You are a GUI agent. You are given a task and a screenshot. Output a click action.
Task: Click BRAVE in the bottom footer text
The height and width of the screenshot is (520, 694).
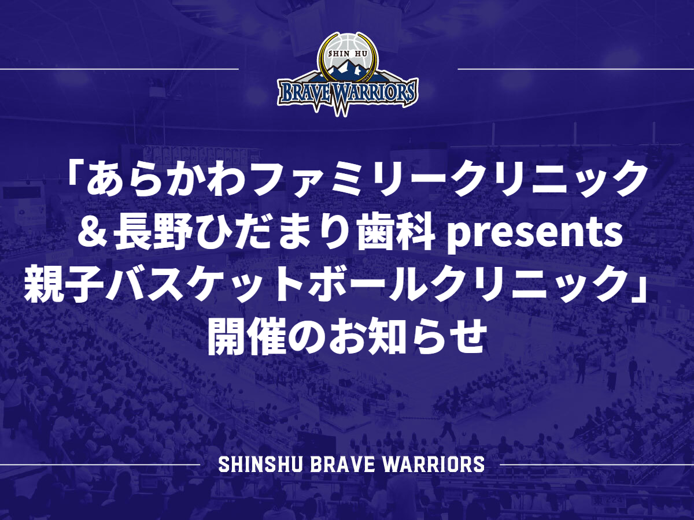tap(342, 465)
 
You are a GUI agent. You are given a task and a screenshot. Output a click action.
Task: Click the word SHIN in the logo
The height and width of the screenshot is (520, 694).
tap(339, 54)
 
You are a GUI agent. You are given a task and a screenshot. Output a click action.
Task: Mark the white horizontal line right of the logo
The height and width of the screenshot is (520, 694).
tap(576, 69)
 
